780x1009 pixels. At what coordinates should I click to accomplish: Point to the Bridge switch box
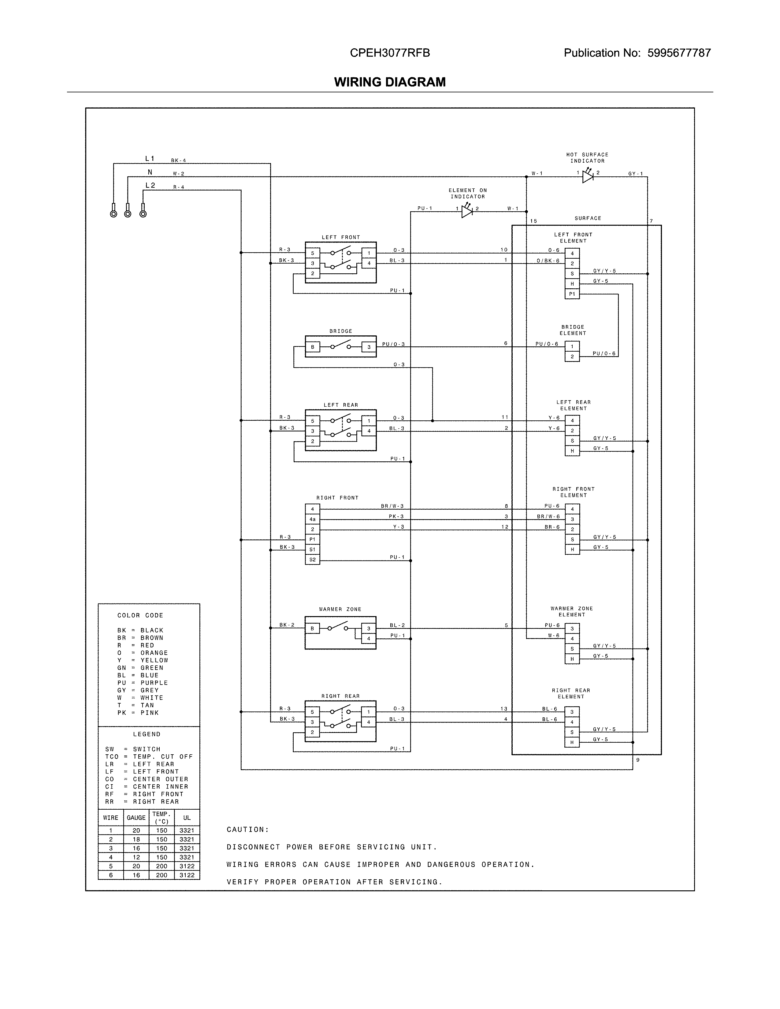coord(340,346)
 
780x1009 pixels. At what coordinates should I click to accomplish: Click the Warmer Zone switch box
coord(340,633)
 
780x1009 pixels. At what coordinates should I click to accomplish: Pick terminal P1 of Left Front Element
coord(572,294)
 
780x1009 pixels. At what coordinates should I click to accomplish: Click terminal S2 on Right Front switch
coord(312,560)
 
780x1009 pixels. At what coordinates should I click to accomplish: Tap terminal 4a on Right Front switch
coord(312,519)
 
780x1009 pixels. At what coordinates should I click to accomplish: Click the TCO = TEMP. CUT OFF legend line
coord(149,757)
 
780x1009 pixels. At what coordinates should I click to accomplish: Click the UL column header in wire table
coord(187,818)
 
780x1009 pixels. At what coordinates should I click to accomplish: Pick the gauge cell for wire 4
coord(136,857)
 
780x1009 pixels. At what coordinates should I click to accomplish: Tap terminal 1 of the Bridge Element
coord(572,346)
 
